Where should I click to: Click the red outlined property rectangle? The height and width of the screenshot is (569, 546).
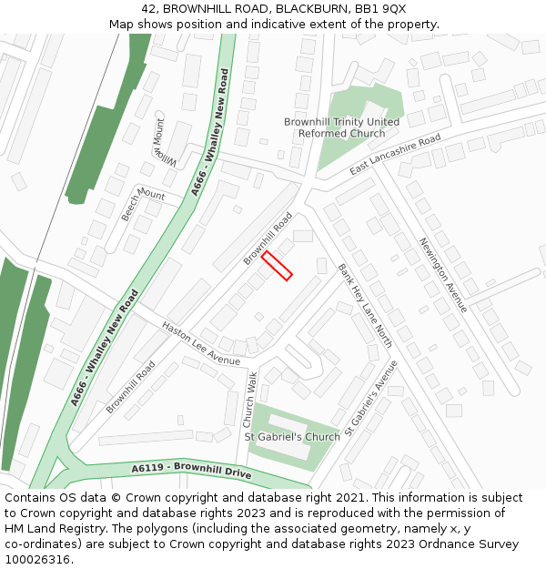277,266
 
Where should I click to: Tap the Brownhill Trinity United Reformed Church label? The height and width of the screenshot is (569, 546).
341,127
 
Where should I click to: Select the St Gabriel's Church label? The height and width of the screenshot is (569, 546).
292,437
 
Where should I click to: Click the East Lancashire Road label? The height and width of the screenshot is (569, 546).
395,155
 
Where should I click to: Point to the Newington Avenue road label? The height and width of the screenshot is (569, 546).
443,275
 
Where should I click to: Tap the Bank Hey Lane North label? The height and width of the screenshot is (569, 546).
365,305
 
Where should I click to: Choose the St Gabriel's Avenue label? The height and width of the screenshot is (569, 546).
371,397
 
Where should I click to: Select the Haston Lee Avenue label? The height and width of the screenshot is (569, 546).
200,343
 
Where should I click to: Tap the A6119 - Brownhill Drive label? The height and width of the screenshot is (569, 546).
190,470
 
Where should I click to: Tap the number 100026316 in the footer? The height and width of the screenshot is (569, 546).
38,560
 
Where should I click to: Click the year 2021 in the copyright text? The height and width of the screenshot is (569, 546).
351,498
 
